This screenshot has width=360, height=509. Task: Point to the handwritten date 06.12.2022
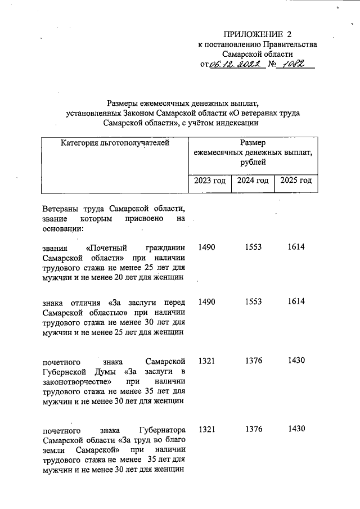tap(233, 66)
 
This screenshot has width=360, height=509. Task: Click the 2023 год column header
tap(210, 181)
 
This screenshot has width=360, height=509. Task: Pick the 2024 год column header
tap(253, 181)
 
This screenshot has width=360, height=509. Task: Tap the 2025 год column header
tap(295, 181)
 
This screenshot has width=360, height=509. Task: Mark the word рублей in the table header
tap(253, 162)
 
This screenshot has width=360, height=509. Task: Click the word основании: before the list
tap(62, 229)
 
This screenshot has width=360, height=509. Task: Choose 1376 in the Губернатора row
tap(254, 429)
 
